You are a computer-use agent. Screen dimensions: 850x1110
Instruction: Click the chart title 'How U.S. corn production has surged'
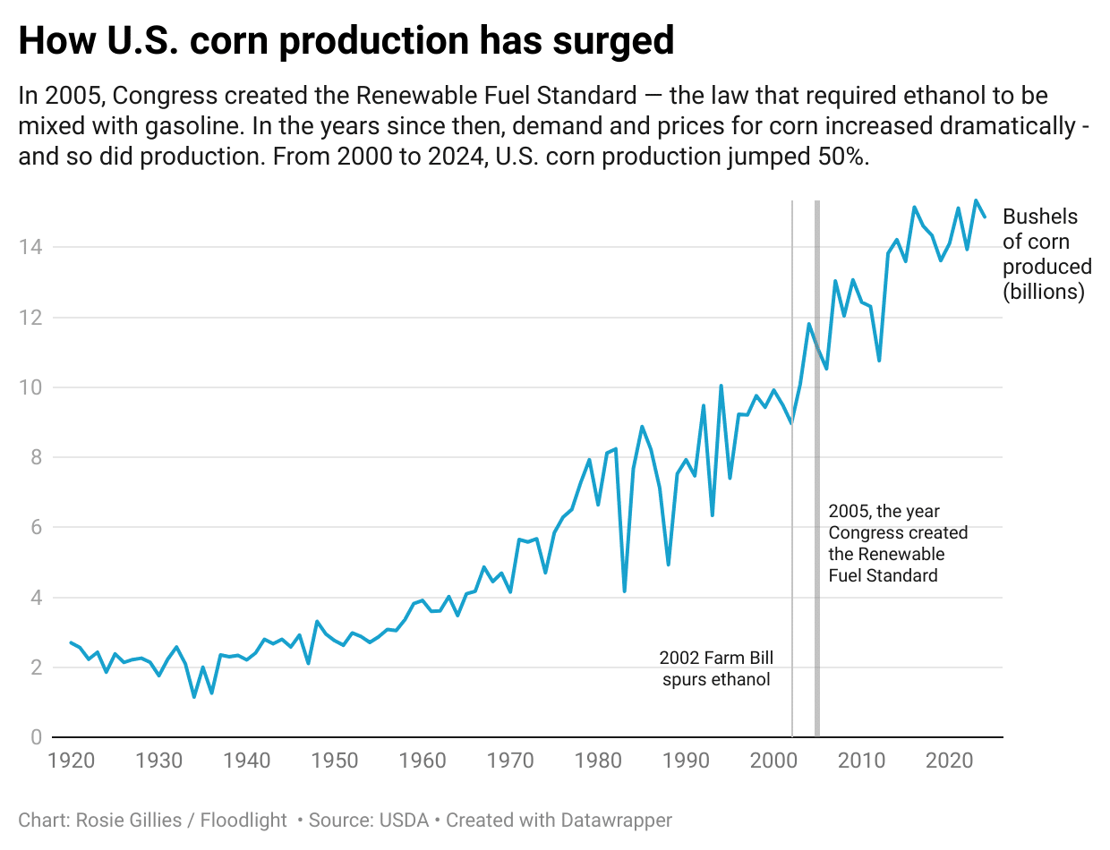tap(346, 42)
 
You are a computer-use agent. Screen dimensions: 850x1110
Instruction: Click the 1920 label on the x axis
tap(71, 761)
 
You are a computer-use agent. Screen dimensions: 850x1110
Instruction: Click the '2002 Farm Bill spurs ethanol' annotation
tap(716, 668)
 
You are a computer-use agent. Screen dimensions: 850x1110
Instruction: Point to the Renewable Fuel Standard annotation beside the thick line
tap(898, 543)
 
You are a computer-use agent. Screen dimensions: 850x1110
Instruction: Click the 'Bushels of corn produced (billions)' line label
tap(1046, 254)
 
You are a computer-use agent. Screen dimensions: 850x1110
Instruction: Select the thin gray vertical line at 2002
tap(792, 537)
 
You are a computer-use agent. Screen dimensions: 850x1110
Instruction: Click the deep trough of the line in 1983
tap(624, 591)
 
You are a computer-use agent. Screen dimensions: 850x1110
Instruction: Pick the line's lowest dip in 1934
tap(194, 696)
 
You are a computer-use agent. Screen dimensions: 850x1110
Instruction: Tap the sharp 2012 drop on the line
tap(879, 360)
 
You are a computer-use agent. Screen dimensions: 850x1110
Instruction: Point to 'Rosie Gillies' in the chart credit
tap(134, 820)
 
